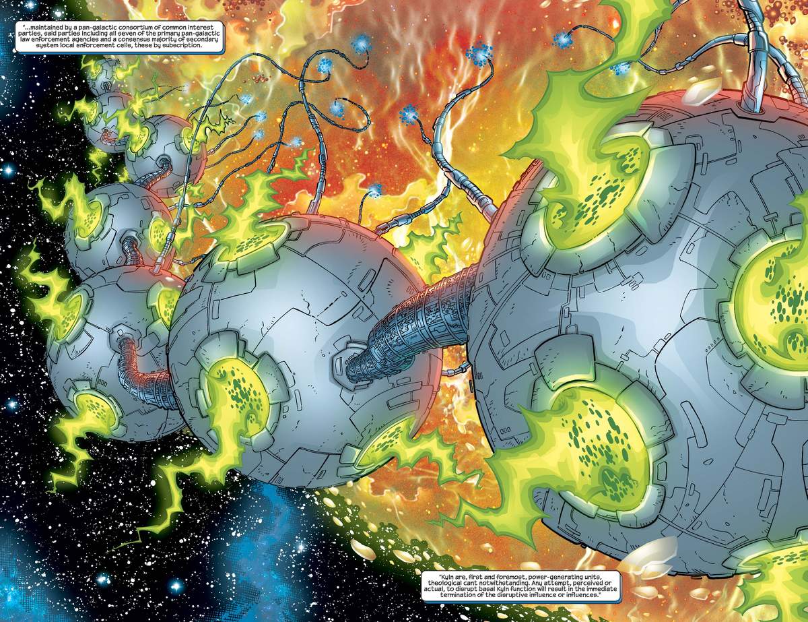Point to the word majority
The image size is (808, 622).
pos(172,40)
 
